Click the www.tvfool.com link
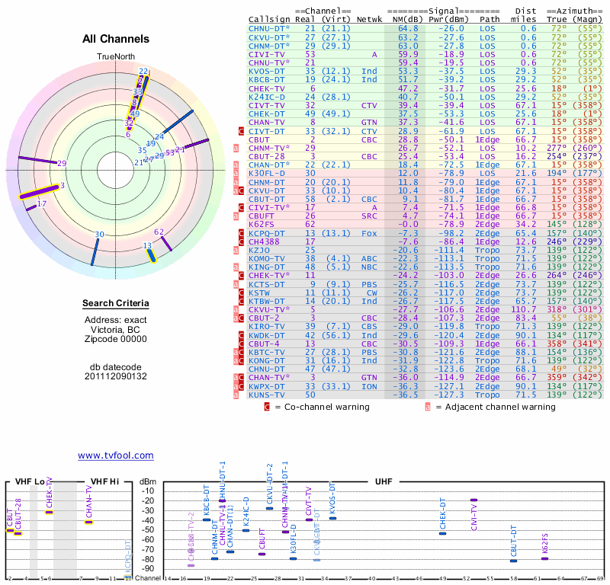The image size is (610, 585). [x=115, y=456]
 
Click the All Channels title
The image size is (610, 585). [x=115, y=38]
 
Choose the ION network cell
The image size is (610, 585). [x=369, y=386]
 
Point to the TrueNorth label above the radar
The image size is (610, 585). [x=115, y=57]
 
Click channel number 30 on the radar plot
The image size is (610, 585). [x=99, y=235]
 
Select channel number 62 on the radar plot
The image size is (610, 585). [x=159, y=232]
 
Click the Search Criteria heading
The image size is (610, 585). [x=115, y=304]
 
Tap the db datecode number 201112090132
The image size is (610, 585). [x=115, y=376]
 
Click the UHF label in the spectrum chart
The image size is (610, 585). [x=383, y=481]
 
